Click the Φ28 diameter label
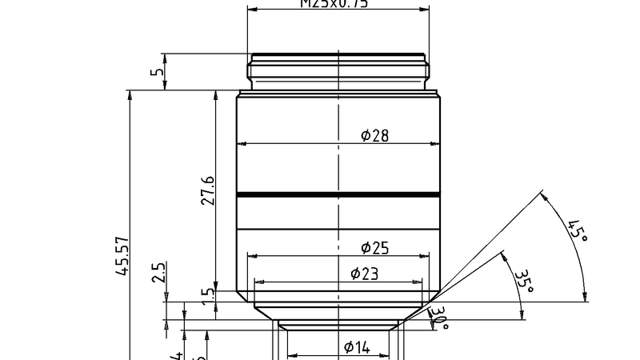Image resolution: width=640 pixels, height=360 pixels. (374, 136)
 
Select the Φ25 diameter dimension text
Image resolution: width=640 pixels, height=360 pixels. (374, 248)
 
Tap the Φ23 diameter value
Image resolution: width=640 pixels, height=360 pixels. (365, 274)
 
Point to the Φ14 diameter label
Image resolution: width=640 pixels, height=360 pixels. (357, 347)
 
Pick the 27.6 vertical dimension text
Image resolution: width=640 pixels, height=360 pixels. (207, 190)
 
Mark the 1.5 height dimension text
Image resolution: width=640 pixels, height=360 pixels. (207, 294)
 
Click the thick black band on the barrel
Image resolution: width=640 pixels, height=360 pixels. (338, 194)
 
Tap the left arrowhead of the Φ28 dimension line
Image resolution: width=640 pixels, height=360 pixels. (242, 144)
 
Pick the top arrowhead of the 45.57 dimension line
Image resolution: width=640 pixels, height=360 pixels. (130, 95)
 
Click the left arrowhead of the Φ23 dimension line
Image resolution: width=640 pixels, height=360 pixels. (258, 282)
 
